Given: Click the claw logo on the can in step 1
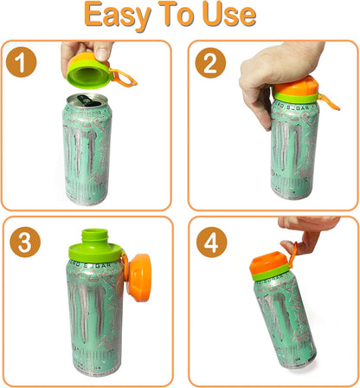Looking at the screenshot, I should (87, 156).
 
